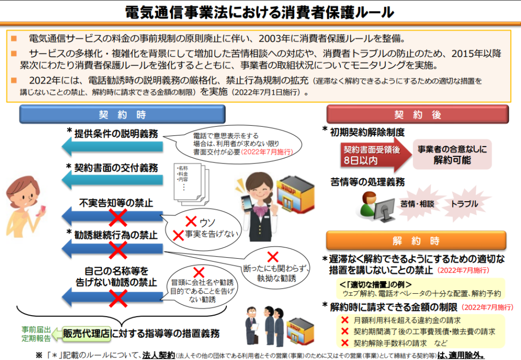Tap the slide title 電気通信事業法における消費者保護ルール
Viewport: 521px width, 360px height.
point(259,11)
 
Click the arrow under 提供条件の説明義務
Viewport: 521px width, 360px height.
point(112,147)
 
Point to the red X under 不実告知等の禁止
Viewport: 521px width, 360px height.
point(118,218)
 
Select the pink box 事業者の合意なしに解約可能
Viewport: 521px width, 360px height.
point(452,154)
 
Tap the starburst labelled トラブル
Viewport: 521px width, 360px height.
point(464,204)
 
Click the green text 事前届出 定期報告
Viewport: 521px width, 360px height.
point(36,334)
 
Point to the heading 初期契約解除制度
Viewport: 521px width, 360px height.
point(367,133)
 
